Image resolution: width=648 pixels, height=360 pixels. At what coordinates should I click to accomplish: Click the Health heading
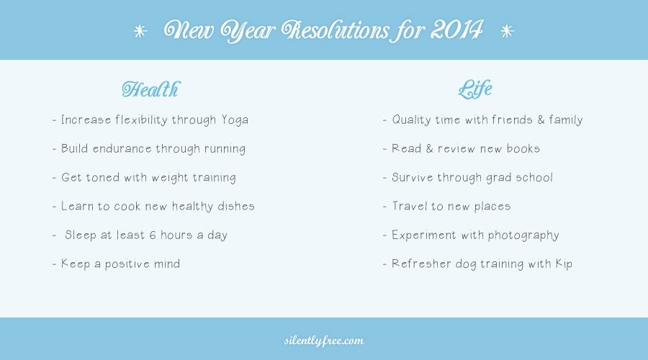pos(151,89)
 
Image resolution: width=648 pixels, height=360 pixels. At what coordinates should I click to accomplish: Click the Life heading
pos(475,89)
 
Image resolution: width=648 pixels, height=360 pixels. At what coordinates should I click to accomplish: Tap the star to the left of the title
pos(140,32)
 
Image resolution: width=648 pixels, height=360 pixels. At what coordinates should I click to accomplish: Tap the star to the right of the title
pos(507,32)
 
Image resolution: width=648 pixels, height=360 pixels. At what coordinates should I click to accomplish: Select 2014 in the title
pos(456,30)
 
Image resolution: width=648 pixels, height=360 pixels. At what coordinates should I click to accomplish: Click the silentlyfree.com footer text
pos(324,341)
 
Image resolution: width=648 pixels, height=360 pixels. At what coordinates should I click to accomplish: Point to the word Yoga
pos(235,120)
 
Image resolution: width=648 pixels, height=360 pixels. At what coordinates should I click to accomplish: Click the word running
pos(225,149)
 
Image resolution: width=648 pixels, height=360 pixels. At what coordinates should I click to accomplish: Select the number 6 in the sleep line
pos(153,235)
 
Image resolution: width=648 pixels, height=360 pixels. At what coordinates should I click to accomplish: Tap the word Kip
pos(564,264)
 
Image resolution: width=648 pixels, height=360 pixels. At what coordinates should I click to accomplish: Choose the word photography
pos(523,235)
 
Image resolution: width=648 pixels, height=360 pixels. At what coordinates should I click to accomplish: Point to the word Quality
pos(412,120)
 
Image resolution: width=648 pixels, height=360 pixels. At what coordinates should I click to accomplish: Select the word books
pos(523,149)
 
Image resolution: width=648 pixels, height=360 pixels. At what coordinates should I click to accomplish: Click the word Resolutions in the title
pos(335,30)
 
